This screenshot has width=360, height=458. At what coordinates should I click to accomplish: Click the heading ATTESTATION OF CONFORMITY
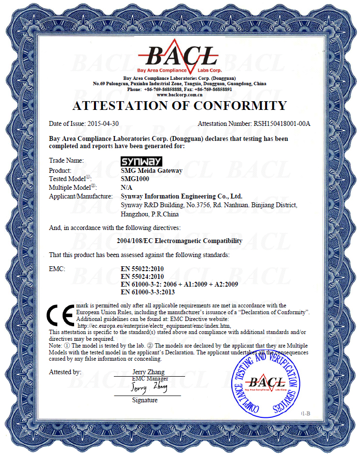[x=179, y=106]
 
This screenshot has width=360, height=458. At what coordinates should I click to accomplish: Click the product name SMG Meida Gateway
[x=151, y=170]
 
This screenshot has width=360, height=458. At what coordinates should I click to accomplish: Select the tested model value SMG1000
[x=135, y=179]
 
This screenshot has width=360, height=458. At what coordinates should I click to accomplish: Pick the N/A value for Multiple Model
[x=125, y=187]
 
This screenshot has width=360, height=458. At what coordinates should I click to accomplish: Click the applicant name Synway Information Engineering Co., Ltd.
[x=181, y=196]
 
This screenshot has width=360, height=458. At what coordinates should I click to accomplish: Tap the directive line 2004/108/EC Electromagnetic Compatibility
[x=179, y=241]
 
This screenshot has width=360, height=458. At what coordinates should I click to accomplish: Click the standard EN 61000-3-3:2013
[x=147, y=292]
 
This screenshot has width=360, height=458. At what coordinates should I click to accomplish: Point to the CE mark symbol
[x=61, y=316]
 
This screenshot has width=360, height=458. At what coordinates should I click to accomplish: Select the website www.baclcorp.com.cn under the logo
[x=179, y=95]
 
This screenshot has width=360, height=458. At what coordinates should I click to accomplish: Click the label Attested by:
[x=65, y=372]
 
